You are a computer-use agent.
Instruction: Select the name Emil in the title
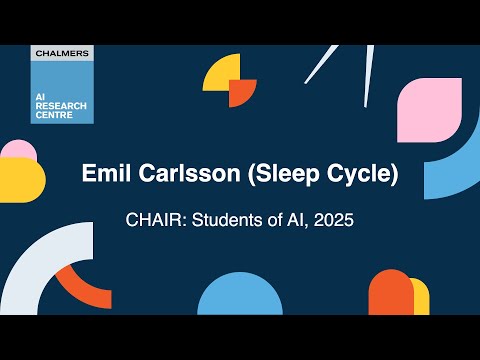pos(103,174)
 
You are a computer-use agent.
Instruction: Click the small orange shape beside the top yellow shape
pos(243,92)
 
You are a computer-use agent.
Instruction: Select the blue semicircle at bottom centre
pos(240,296)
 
